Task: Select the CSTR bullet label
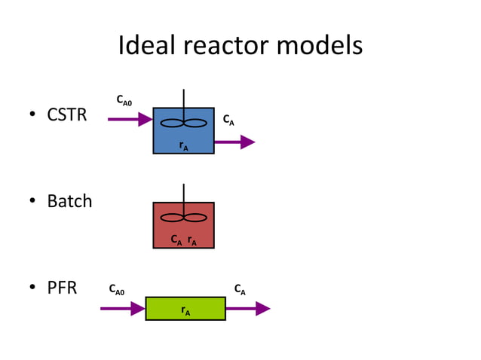(x=66, y=116)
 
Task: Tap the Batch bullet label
(x=69, y=201)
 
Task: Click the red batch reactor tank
(x=183, y=230)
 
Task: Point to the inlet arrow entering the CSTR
(x=130, y=119)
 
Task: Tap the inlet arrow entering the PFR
(x=122, y=308)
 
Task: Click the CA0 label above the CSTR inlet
(x=124, y=100)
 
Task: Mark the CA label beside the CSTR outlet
(x=227, y=121)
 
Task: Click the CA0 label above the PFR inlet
(x=117, y=288)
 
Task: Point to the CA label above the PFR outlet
(x=239, y=288)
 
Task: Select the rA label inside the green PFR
(x=185, y=310)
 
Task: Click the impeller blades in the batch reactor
(x=183, y=218)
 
